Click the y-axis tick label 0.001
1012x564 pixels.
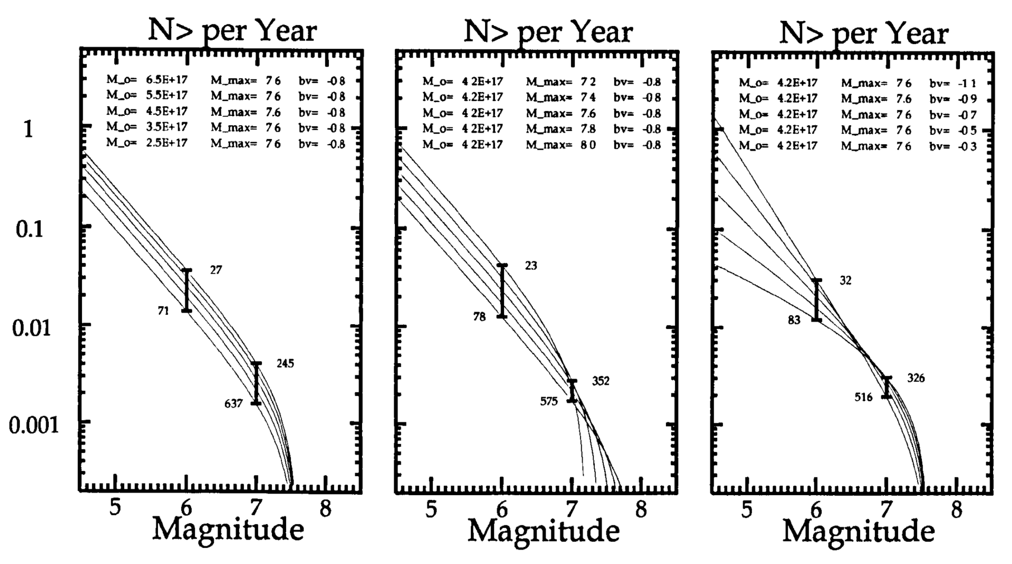point(34,425)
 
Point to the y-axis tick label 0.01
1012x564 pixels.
point(31,328)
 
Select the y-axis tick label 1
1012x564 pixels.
point(28,129)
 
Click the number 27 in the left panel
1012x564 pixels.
point(216,270)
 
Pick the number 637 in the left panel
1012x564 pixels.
point(234,404)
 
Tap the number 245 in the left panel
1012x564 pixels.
point(285,364)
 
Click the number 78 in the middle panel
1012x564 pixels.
point(479,317)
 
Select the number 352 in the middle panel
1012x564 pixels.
point(601,381)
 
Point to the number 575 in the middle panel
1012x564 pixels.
point(549,401)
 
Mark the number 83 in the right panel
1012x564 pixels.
point(794,320)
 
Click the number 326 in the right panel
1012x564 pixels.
point(916,378)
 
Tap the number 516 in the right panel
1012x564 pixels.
point(864,397)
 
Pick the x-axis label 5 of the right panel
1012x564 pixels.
point(746,510)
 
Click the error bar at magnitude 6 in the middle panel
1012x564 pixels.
point(502,291)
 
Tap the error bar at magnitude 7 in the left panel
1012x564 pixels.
point(257,383)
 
